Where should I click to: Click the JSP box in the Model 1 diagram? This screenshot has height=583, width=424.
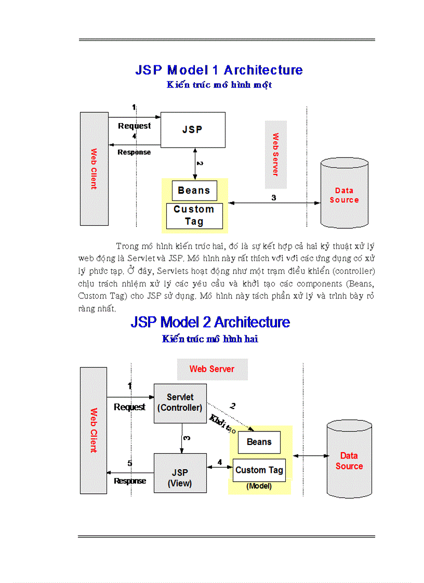tap(192, 129)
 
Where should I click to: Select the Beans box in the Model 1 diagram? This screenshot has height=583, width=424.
tap(194, 191)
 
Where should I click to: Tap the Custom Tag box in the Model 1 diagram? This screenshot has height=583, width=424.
tap(194, 215)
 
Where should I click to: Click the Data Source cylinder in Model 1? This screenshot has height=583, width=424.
tap(344, 195)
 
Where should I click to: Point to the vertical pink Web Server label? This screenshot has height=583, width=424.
tap(275, 154)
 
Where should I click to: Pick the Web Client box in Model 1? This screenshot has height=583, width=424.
tap(94, 169)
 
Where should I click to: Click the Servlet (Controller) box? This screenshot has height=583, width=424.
tap(180, 402)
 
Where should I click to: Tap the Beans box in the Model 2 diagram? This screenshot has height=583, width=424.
tap(259, 442)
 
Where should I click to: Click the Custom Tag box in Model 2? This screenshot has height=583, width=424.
tap(259, 470)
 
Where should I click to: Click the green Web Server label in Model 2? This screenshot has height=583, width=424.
tap(212, 369)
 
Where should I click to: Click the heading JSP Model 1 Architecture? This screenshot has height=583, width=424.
tap(219, 70)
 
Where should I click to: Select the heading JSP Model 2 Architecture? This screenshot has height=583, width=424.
tap(210, 322)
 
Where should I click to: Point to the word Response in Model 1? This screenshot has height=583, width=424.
tap(134, 152)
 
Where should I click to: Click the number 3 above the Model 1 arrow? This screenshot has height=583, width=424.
tap(274, 197)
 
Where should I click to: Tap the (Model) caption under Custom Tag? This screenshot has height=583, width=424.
tap(259, 486)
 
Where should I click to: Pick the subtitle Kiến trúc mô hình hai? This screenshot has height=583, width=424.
tap(210, 339)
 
